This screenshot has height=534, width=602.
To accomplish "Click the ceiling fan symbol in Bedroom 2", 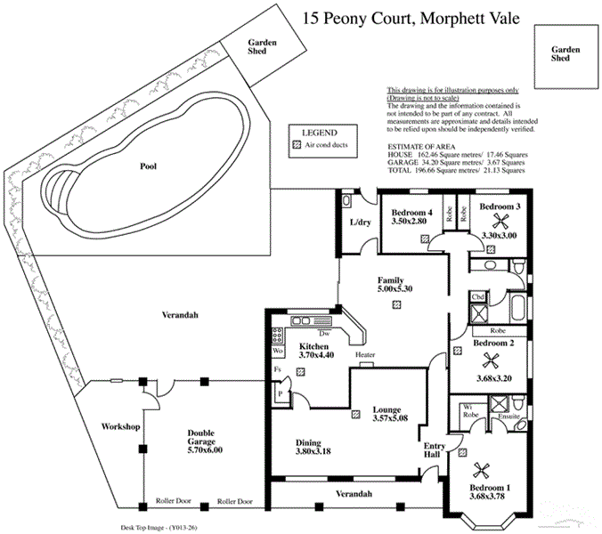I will click(x=488, y=360).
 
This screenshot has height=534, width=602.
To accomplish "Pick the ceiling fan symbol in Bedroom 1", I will click(x=487, y=471).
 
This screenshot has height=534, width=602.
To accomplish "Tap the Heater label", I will click(x=365, y=354).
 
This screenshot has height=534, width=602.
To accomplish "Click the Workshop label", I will click(x=122, y=427).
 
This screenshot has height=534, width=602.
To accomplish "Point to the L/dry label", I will click(x=360, y=222).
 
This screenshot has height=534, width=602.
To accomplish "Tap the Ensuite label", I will click(x=508, y=414).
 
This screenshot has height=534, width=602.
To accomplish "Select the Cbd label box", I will click(x=477, y=296).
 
